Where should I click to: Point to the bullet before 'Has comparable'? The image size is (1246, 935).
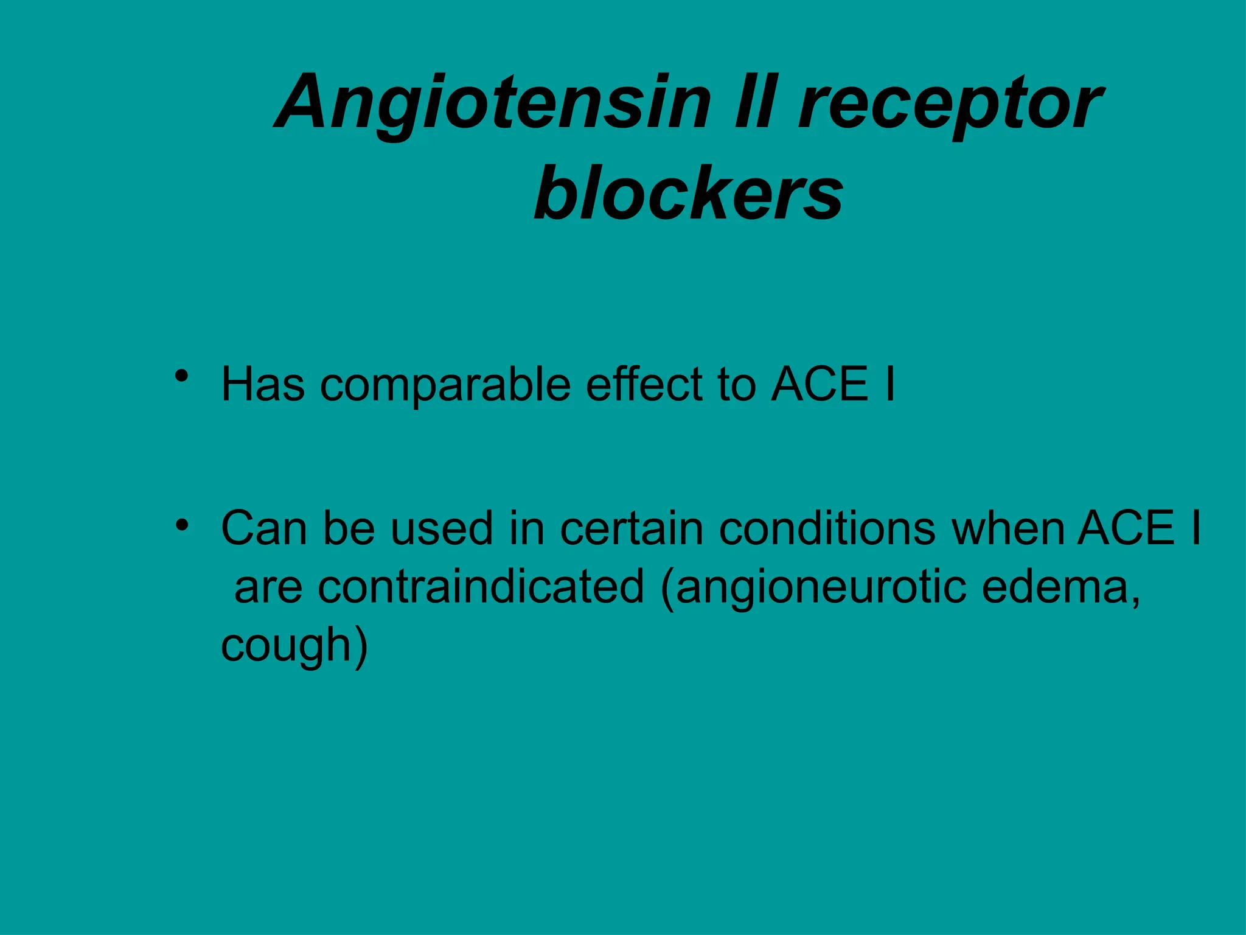(181, 377)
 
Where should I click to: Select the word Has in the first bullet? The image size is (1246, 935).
(263, 385)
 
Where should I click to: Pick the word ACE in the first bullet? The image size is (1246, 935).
(820, 385)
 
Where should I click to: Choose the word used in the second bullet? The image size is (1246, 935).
(441, 528)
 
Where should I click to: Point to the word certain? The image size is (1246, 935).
(632, 528)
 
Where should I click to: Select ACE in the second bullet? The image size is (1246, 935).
(1126, 528)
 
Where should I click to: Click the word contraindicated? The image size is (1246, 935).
(481, 587)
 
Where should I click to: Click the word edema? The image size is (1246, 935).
(1055, 587)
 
